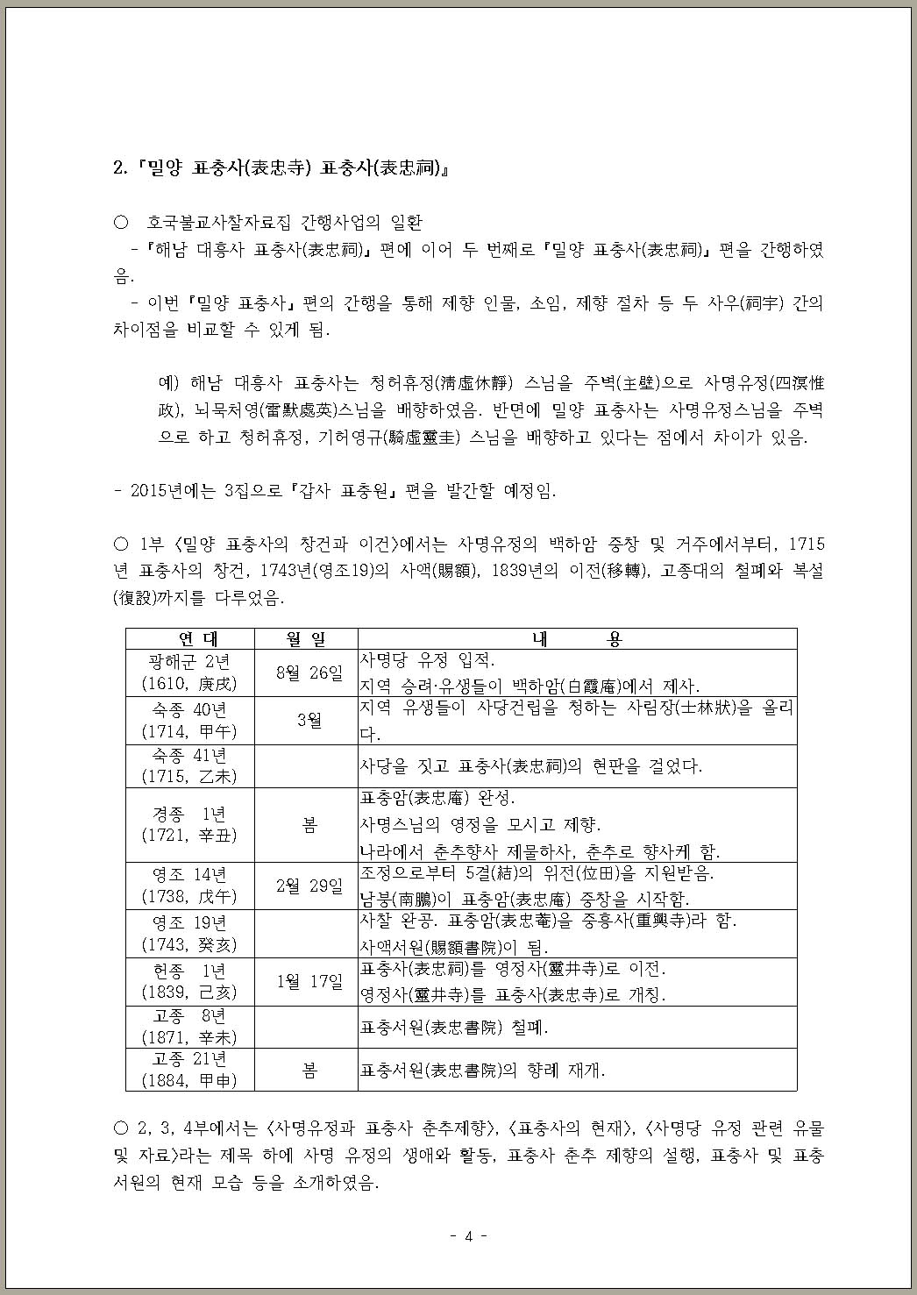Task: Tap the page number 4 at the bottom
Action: pos(468,1236)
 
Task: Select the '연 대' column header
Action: pos(189,639)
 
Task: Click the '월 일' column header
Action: pos(306,639)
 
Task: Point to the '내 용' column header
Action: pos(576,639)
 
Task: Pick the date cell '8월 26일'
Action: pos(306,673)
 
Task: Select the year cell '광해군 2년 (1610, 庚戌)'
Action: pos(189,673)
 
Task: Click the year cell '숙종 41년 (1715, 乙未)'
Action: pos(189,765)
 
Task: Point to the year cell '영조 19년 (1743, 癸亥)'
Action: pos(189,934)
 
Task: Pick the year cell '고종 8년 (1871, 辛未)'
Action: pos(189,1027)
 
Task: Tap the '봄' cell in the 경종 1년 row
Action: pos(309,825)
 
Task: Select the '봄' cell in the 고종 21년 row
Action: pos(309,1071)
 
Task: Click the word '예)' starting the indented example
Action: pos(168,383)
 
